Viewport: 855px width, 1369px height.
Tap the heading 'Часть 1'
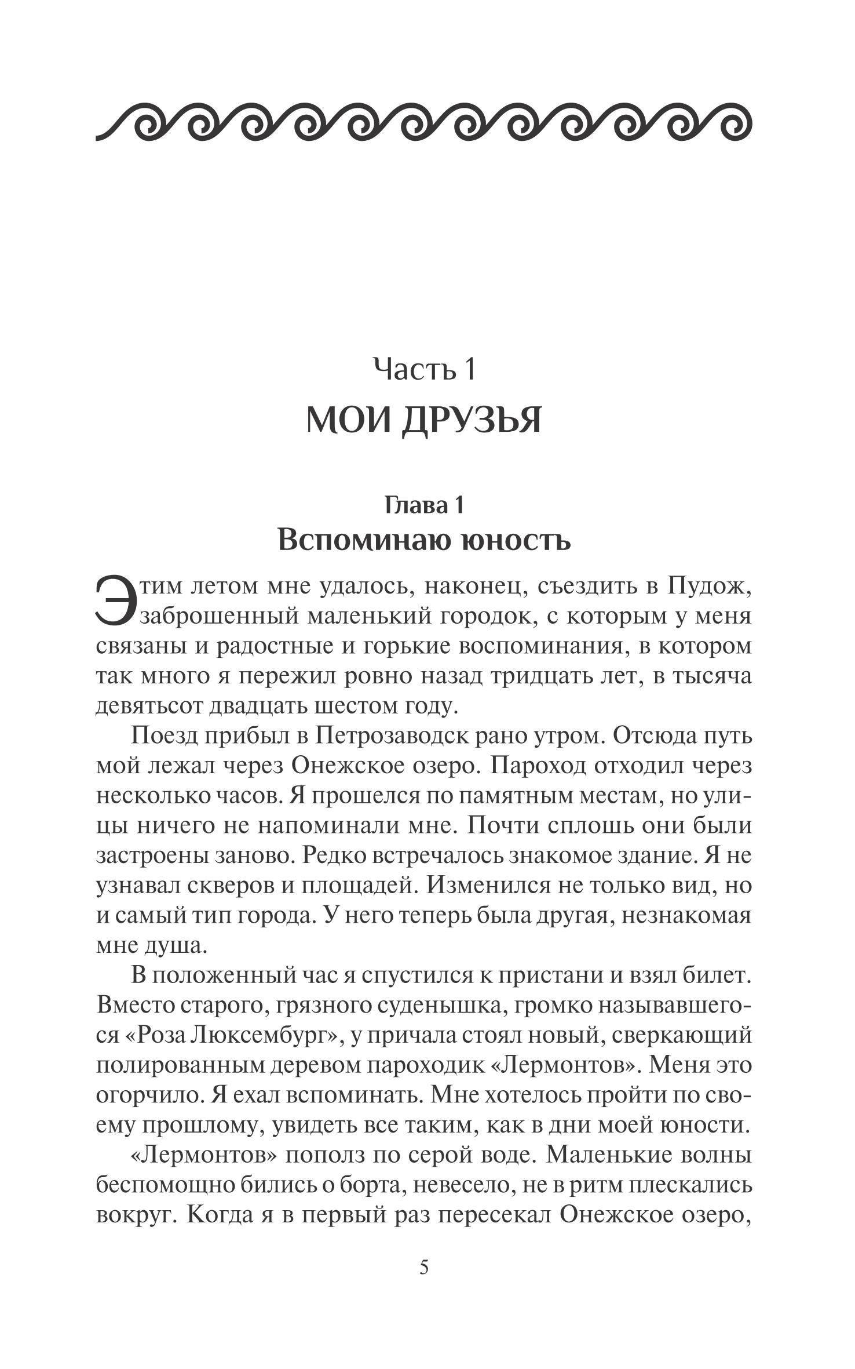pyautogui.click(x=424, y=369)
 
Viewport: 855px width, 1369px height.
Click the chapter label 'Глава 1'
pyautogui.click(x=424, y=505)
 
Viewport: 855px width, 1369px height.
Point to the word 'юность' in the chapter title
pyautogui.click(x=514, y=540)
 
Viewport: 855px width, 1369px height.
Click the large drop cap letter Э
pyautogui.click(x=116, y=602)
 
